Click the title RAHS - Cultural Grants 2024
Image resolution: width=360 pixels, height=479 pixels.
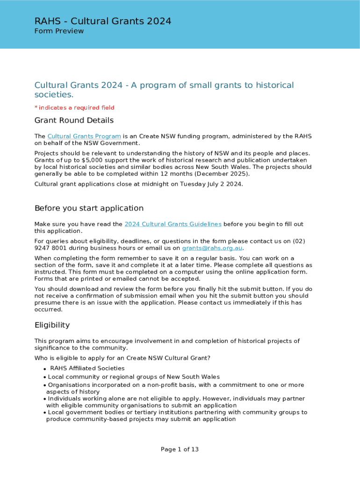coord(103,21)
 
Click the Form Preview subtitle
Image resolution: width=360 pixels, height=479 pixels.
coord(59,31)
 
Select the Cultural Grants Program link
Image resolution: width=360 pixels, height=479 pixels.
coord(84,136)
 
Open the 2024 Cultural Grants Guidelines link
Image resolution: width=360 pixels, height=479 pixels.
coord(173,224)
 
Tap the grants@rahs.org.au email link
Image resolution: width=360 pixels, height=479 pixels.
coord(212,248)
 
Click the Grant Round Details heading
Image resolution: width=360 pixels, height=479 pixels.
coord(74,121)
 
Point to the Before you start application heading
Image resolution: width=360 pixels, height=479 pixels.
coord(89,208)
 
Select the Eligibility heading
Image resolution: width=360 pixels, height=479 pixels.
coord(52,325)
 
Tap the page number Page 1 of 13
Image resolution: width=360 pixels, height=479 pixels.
coord(180,450)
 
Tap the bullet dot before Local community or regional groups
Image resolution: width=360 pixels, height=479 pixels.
coord(44,377)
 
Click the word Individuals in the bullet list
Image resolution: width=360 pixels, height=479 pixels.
coord(64,399)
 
